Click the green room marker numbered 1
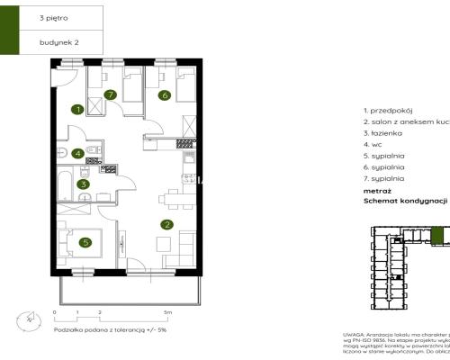tap(78, 110)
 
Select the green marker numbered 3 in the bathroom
tap(83, 184)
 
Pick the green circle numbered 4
tap(78, 154)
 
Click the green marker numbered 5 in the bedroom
tap(84, 241)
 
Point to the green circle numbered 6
tap(165, 94)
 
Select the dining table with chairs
tap(171, 199)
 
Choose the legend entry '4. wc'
tap(372, 143)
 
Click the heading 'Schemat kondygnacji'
tap(405, 202)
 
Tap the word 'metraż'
tap(376, 190)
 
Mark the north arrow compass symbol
tap(30, 317)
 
